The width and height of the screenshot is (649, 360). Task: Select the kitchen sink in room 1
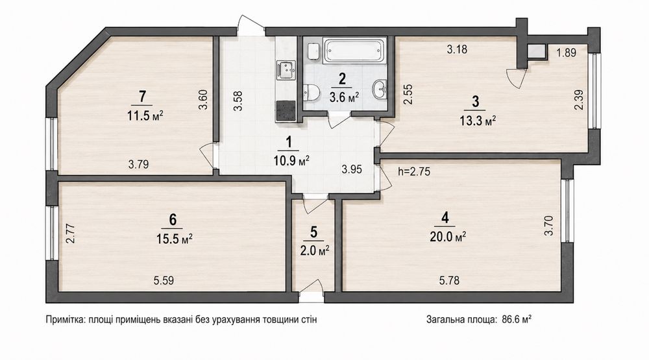click(286, 69)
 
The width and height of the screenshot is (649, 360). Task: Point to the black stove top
click(286, 110)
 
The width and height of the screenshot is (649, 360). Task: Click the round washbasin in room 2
click(380, 90)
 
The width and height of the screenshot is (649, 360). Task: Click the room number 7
click(143, 97)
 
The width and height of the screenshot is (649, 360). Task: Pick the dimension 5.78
click(449, 281)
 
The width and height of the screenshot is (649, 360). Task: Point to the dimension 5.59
click(164, 281)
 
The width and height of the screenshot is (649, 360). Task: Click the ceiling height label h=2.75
click(414, 171)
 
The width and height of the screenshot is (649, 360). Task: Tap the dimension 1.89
click(566, 53)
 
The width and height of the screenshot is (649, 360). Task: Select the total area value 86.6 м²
click(517, 319)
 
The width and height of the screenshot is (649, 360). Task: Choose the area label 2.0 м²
click(315, 250)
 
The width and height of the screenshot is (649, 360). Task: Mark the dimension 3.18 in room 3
click(457, 49)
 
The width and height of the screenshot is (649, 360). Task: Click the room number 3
click(476, 101)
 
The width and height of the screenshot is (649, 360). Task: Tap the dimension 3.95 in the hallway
click(352, 169)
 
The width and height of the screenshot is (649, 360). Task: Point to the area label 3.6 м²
click(343, 98)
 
